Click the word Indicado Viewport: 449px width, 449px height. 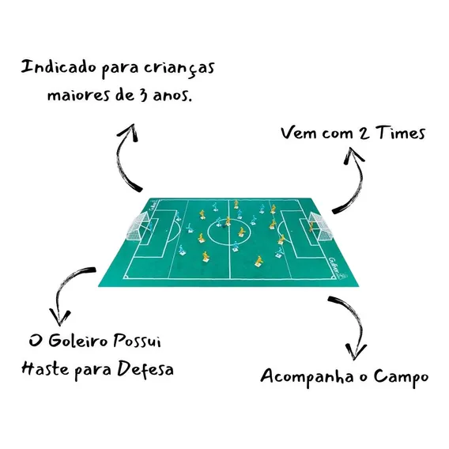[x=59, y=68]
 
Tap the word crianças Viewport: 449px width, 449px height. [x=179, y=69]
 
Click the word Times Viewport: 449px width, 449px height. [x=401, y=133]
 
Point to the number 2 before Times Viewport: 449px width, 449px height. [x=364, y=134]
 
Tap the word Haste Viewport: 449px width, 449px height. [x=46, y=368]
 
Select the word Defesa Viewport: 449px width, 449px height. [x=145, y=369]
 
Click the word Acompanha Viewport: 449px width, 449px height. [x=308, y=377]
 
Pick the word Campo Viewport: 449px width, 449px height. [x=401, y=377]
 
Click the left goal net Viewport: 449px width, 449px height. [x=138, y=226]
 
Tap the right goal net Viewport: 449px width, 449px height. [x=322, y=226]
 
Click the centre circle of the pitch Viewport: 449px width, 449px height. [x=208, y=232]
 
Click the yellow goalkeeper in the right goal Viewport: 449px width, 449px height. [x=311, y=226]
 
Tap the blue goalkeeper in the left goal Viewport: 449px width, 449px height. [x=151, y=224]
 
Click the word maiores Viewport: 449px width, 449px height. [x=78, y=95]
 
